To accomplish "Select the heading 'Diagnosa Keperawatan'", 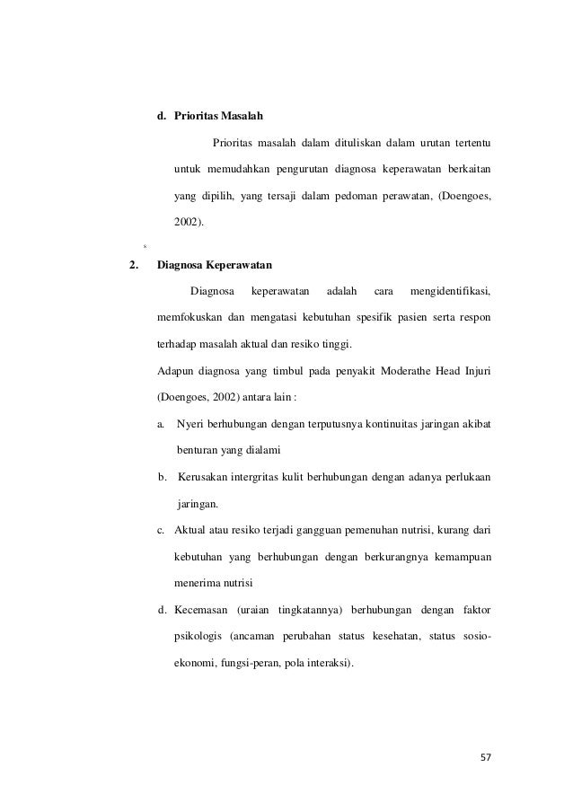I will (216, 266).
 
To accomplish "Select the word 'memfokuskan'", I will (187, 317).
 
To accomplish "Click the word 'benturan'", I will (199, 449).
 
